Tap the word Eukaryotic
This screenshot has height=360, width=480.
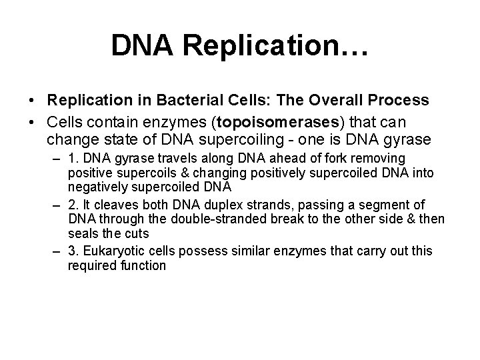point(108,251)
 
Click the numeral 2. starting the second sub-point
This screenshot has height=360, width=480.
point(73,204)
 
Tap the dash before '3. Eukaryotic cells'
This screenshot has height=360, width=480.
point(57,251)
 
